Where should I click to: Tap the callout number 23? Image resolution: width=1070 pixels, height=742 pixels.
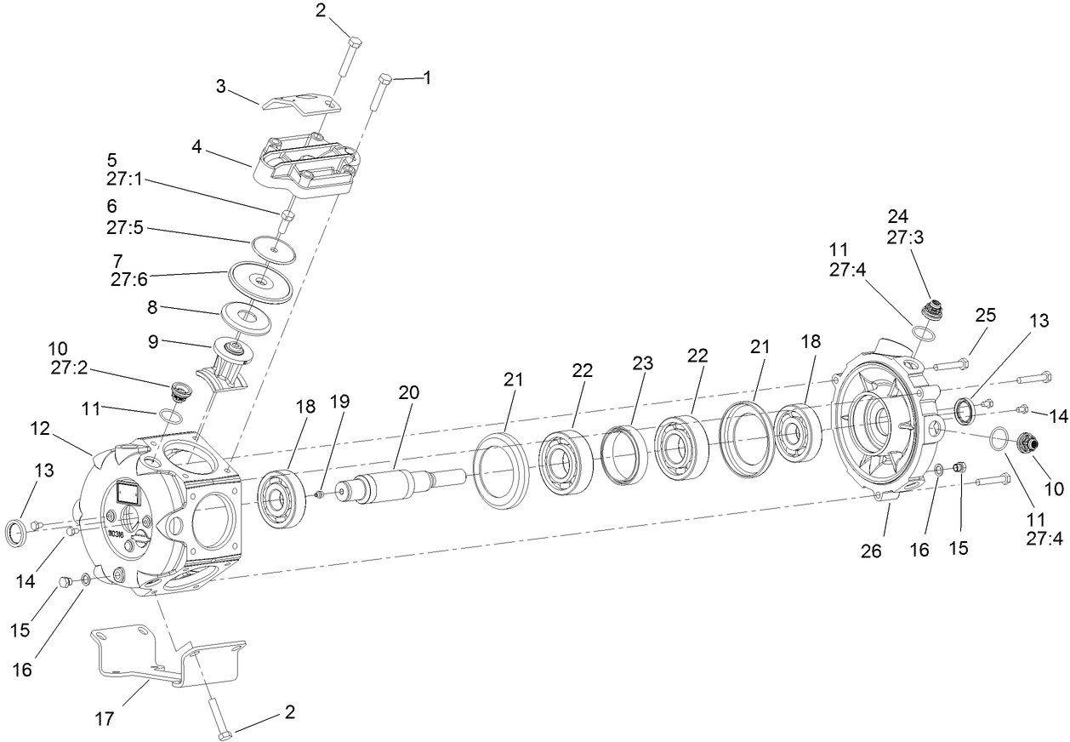642,363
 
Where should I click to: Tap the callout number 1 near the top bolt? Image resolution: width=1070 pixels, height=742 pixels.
427,77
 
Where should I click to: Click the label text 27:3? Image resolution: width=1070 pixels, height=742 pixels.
904,239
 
